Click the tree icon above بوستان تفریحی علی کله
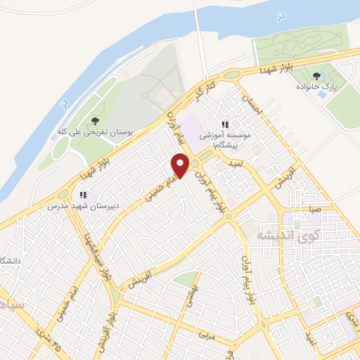[95, 121]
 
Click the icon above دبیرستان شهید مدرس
[82, 195]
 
